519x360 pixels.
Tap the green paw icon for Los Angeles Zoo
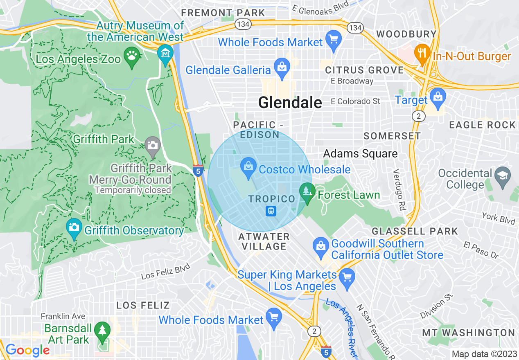click(132, 55)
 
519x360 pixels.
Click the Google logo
click(27, 351)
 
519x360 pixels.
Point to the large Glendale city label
click(290, 102)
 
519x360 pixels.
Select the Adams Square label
click(360, 154)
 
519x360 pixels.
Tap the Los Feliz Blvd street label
click(166, 271)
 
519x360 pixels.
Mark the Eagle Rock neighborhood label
click(482, 125)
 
